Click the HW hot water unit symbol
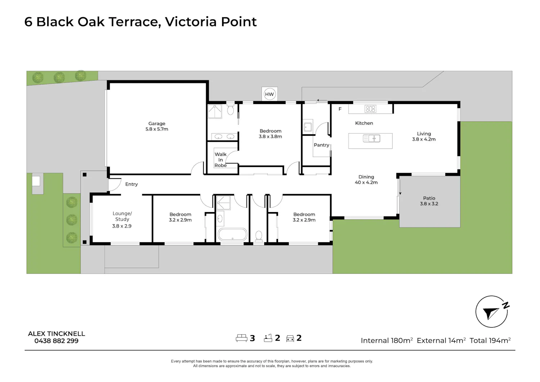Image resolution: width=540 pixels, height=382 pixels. (269, 94)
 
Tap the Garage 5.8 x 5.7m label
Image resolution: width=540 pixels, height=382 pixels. (157, 126)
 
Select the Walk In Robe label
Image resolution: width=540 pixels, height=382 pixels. (221, 159)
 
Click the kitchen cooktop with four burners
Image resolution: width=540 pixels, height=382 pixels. (370, 109)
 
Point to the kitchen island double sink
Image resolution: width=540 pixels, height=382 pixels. (372, 139)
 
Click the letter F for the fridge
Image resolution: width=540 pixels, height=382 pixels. (340, 109)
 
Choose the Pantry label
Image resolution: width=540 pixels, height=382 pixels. (321, 145)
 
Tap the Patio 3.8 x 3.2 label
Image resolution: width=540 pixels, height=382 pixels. (429, 201)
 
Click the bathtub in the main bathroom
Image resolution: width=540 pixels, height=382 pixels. (233, 234)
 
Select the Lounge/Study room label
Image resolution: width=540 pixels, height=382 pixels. (122, 220)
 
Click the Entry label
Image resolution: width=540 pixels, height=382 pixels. (131, 184)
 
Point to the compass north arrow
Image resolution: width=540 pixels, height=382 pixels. (490, 313)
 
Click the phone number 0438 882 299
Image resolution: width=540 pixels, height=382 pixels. (57, 341)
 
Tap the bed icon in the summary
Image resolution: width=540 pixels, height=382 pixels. (242, 338)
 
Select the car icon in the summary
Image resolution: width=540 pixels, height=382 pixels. (290, 338)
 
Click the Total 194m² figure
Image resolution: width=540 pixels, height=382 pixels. (490, 340)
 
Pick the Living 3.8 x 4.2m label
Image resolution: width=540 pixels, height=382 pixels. (424, 136)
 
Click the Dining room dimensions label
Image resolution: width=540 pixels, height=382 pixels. (366, 182)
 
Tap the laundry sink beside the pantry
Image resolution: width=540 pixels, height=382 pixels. (308, 127)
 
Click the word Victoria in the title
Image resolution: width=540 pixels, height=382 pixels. (191, 22)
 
